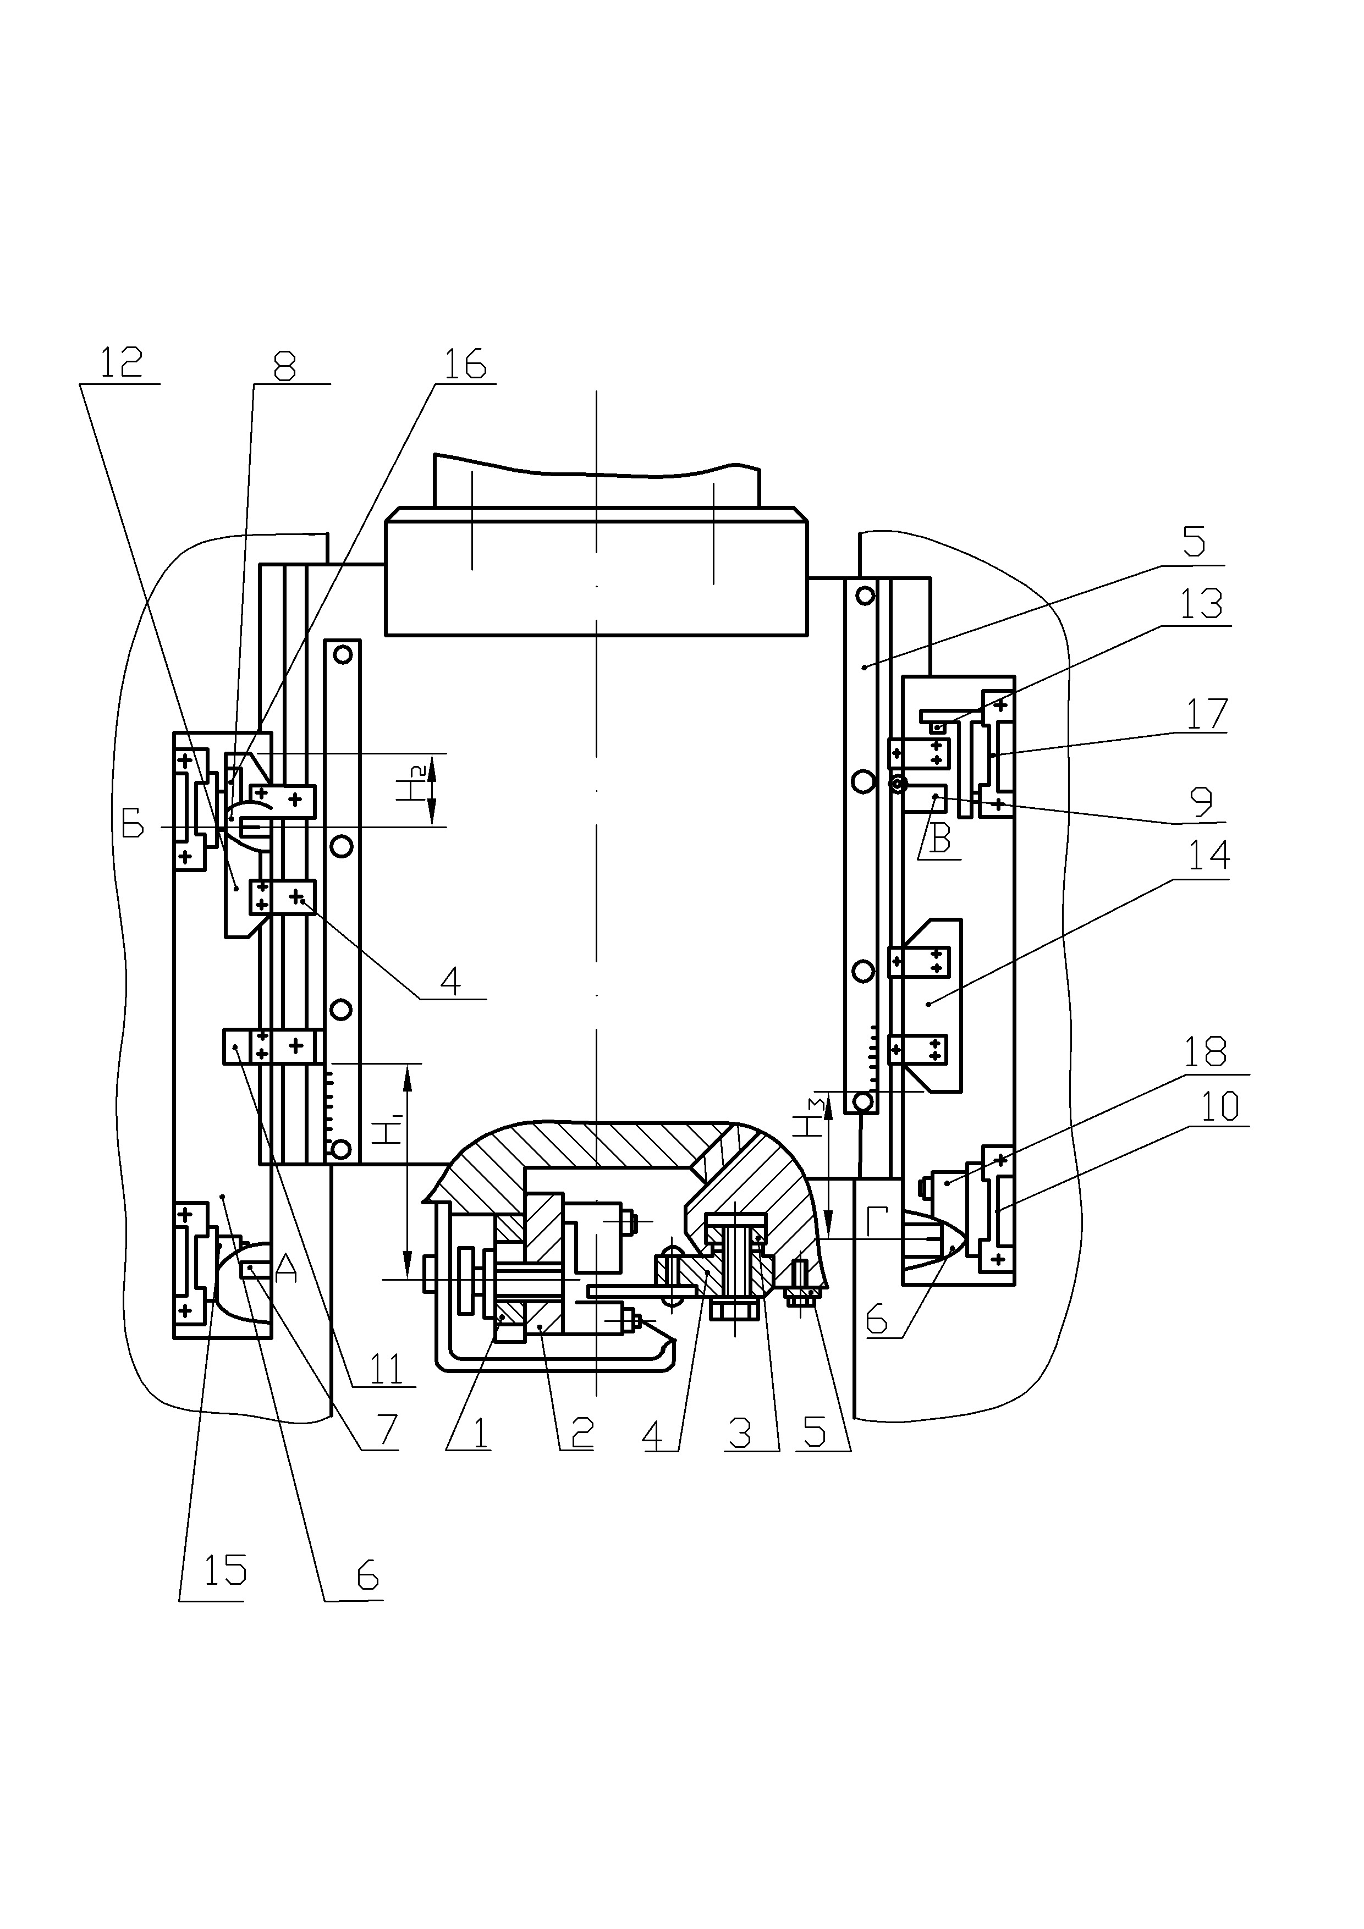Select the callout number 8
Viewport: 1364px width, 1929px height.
click(286, 366)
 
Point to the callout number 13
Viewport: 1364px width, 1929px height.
click(1201, 605)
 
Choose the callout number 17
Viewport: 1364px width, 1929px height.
click(1207, 714)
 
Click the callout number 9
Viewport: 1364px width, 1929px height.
click(1203, 802)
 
